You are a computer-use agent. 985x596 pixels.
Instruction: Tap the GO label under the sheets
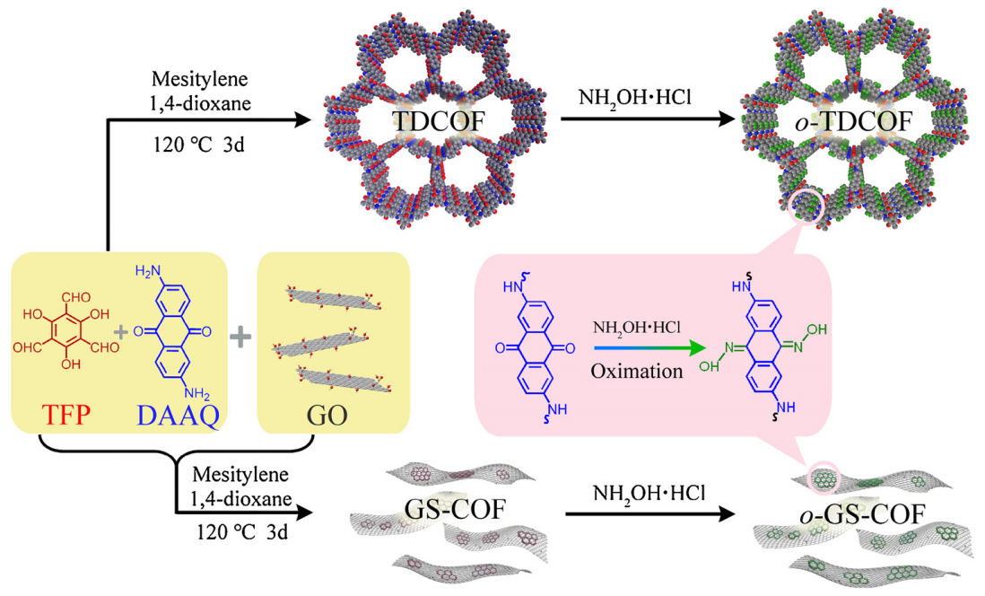pos(332,415)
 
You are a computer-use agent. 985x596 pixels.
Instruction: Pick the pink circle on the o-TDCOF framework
pos(803,204)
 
